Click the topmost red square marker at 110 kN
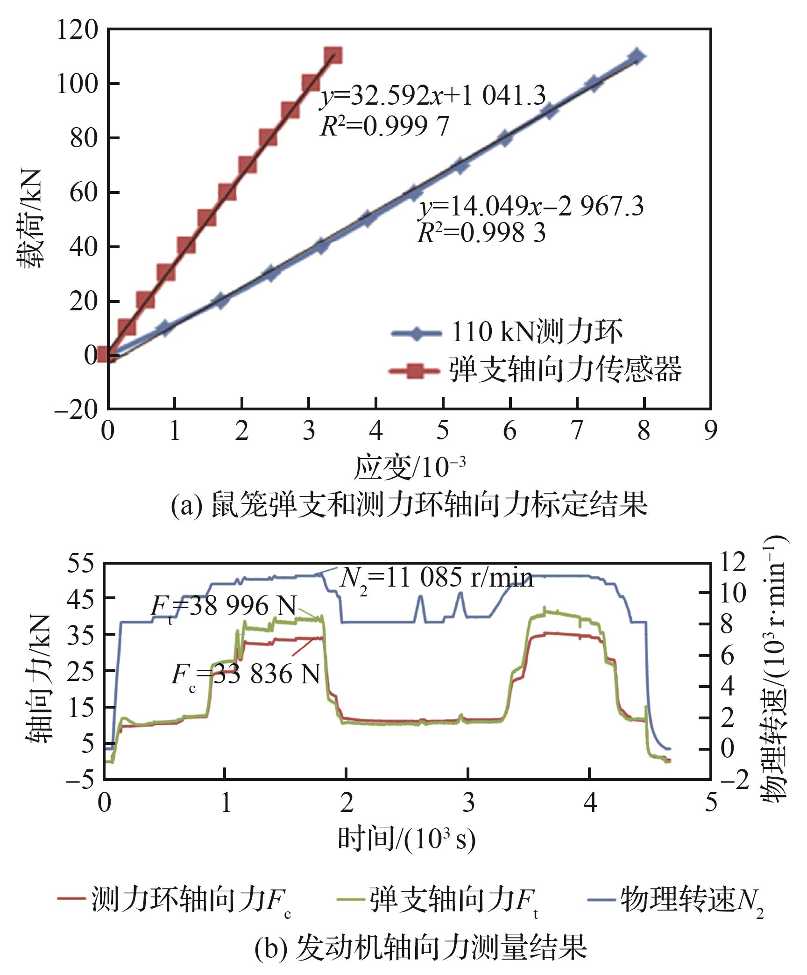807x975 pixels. coord(333,56)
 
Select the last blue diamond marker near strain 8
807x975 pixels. coord(637,57)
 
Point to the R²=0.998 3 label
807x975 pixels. coord(481,232)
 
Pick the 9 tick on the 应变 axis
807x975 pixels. coord(710,430)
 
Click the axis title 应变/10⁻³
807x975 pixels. coord(410,467)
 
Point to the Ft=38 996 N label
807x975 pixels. coord(223,607)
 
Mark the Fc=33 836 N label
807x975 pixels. coord(246,674)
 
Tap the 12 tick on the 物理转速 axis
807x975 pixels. coord(733,562)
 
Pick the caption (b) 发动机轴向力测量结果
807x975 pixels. coord(420,947)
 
